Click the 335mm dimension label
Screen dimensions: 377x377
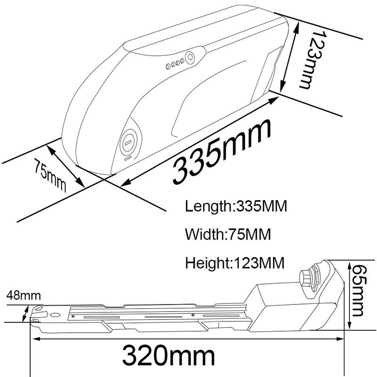pos(221,152)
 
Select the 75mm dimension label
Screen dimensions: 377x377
pos(49,175)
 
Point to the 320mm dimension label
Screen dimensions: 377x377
pos(168,355)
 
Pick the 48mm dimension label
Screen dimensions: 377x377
pos(24,295)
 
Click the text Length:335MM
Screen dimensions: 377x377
pos(236,206)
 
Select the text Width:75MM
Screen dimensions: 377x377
pos(228,234)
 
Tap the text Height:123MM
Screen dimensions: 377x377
pos(235,262)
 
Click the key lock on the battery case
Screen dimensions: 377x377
pos(128,143)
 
